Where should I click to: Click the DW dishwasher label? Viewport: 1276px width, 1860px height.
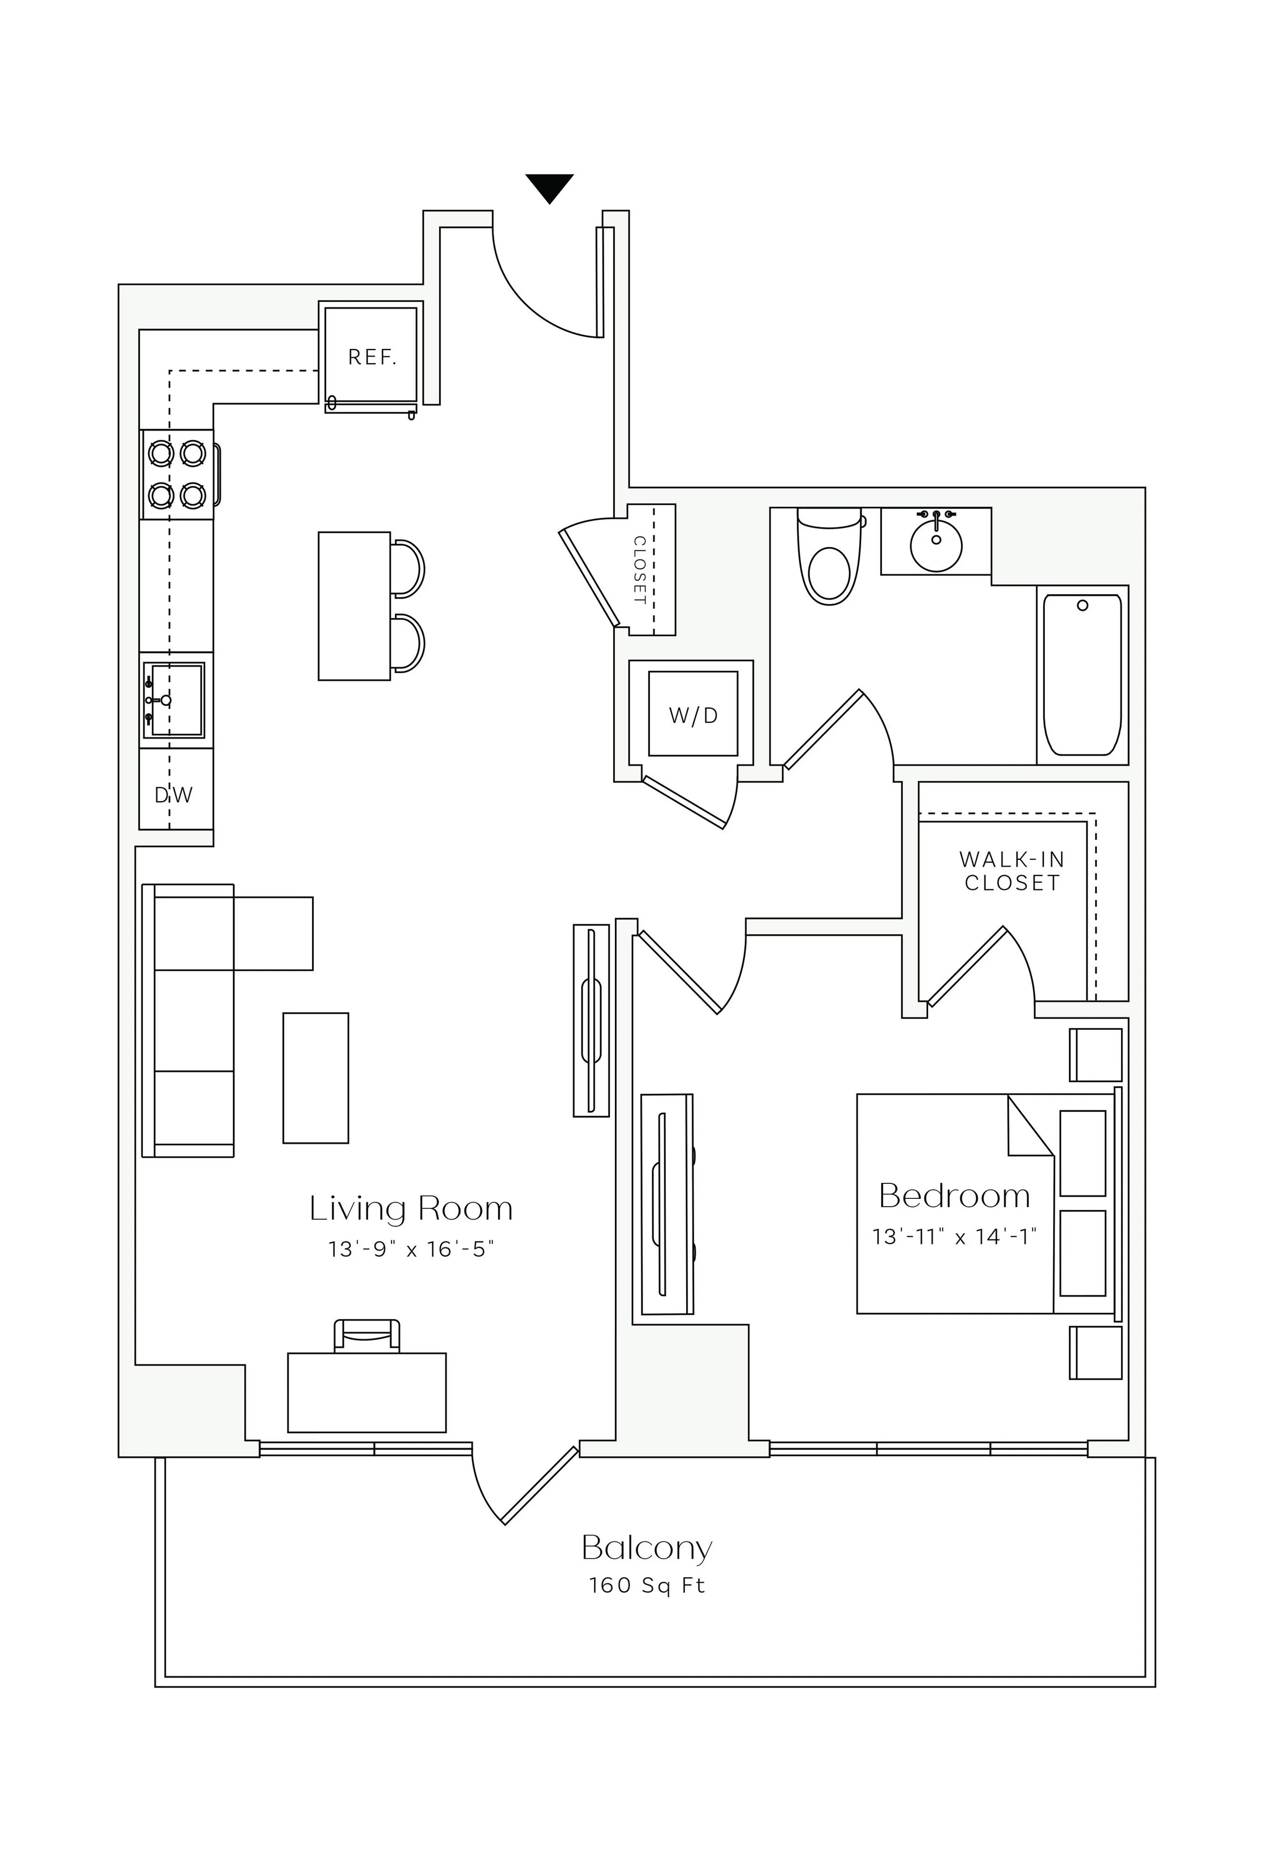[x=173, y=795]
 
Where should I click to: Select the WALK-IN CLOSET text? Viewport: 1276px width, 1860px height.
[x=1012, y=871]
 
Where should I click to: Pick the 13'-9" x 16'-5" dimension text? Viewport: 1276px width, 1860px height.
[x=410, y=1249]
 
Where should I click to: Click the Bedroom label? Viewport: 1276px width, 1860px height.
[x=954, y=1196]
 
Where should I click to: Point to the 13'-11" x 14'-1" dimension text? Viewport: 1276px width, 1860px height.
[x=954, y=1237]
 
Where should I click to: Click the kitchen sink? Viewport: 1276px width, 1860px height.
[x=173, y=699]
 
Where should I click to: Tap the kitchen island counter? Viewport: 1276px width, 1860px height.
[x=354, y=606]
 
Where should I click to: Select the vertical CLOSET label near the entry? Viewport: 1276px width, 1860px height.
[x=640, y=570]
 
